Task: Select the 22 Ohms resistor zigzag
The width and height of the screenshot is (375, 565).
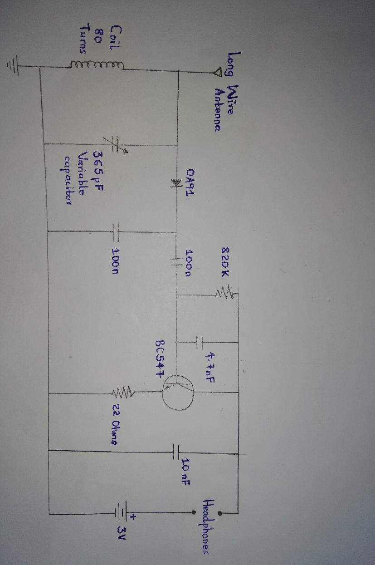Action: point(125,391)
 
